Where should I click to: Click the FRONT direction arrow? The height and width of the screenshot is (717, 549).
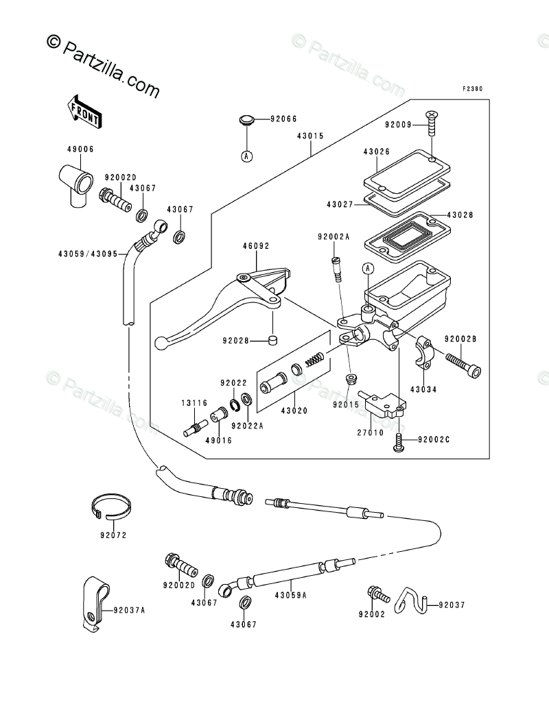click(84, 110)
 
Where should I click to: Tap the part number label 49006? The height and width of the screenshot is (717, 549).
click(80, 149)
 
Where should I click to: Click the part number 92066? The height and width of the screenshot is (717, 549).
click(283, 119)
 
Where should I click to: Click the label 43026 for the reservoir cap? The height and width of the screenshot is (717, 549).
click(376, 151)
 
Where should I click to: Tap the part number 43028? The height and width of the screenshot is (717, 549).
click(460, 215)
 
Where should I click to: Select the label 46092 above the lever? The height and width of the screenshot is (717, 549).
click(256, 246)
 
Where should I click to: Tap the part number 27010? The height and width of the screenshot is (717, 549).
click(371, 433)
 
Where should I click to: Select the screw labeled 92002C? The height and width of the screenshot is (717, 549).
click(399, 443)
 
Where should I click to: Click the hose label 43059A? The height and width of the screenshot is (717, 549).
click(290, 596)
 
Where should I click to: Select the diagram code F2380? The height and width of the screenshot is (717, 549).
click(472, 88)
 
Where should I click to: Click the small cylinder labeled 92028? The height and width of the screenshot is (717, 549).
click(272, 340)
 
